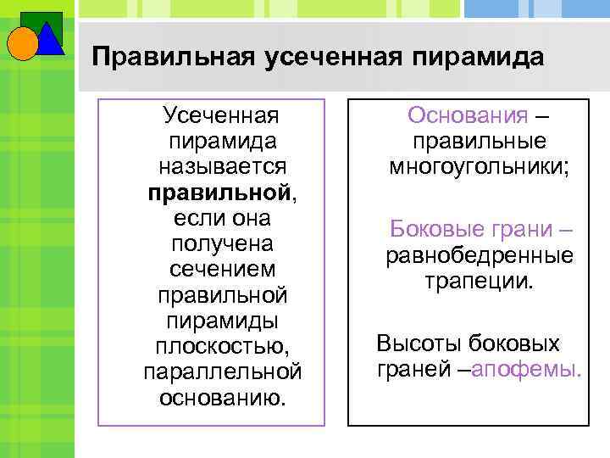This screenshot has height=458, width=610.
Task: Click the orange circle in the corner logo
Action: [23, 42]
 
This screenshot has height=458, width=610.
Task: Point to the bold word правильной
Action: [219, 192]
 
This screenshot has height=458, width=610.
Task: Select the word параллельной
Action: [223, 371]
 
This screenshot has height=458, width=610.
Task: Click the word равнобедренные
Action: [480, 254]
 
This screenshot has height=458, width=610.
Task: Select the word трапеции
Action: [480, 280]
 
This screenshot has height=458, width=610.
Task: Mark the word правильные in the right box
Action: [479, 141]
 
